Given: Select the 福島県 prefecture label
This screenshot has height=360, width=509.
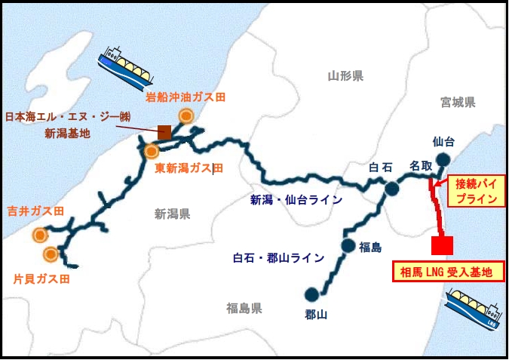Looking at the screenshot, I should pos(244,308).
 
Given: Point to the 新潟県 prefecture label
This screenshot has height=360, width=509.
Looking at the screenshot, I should pos(173,214).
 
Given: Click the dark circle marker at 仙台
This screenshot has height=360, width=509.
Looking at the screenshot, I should pos(443,158).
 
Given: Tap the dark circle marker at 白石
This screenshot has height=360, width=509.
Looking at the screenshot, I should pos(391,188).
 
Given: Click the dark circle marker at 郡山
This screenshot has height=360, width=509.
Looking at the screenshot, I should pos(311,294).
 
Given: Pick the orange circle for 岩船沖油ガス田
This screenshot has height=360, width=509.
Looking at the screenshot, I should pos(186,115).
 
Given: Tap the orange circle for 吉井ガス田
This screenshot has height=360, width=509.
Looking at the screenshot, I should pos(39,235).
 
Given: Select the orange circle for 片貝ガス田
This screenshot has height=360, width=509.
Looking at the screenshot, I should pos(51,253).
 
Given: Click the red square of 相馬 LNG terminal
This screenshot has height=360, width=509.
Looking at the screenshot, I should pos(442,245).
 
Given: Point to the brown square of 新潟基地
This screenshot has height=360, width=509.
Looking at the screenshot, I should pos(164,132).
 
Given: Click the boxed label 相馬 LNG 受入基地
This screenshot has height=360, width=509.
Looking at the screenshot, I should pos(447,272).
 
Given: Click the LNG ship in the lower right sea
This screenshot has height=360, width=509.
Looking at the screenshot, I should pos(472,309).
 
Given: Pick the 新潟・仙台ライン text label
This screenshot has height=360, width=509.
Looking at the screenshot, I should pos(296,200).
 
